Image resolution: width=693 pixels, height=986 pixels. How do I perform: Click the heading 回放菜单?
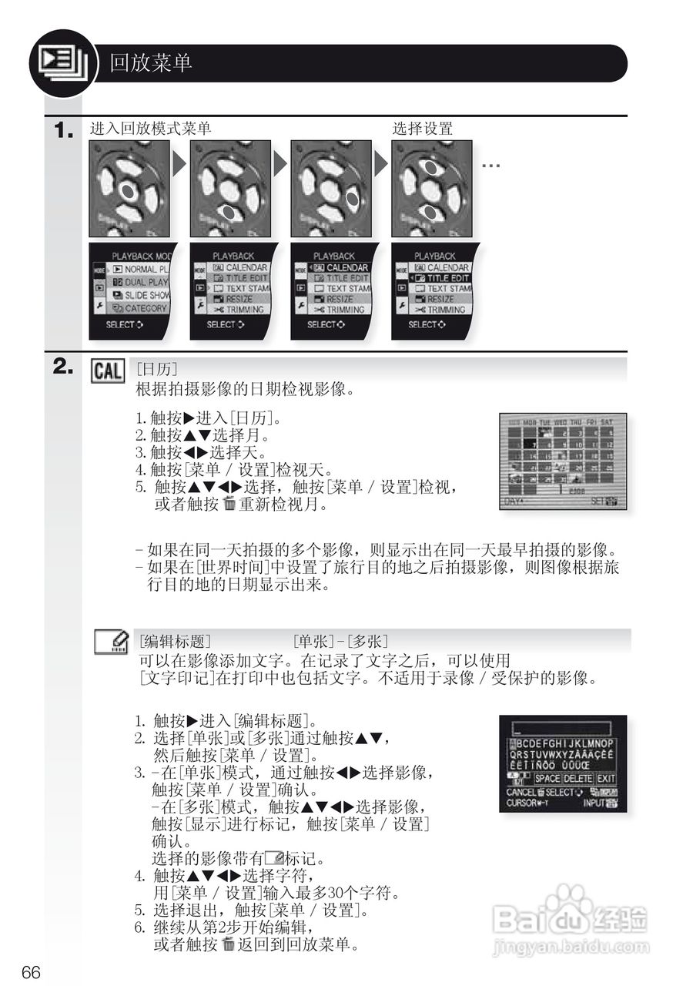coord(151,63)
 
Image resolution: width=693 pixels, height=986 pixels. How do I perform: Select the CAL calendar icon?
coord(107,371)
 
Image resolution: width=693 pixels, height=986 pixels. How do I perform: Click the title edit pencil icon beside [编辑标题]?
coord(111,642)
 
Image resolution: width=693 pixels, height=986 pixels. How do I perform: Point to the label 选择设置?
coord(422,129)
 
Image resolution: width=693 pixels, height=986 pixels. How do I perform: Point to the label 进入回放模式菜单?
coord(150,129)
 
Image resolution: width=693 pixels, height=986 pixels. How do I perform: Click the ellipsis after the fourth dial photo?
coord(491,165)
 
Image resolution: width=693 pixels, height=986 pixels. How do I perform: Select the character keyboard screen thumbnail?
coord(563,763)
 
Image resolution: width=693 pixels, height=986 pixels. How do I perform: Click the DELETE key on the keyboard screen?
coord(577,779)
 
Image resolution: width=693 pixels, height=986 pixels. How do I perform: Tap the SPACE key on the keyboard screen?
coord(547,779)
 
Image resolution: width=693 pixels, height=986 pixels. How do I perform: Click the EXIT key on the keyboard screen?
coord(606,779)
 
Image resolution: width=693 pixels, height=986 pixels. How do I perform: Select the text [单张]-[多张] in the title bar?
coord(340,641)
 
